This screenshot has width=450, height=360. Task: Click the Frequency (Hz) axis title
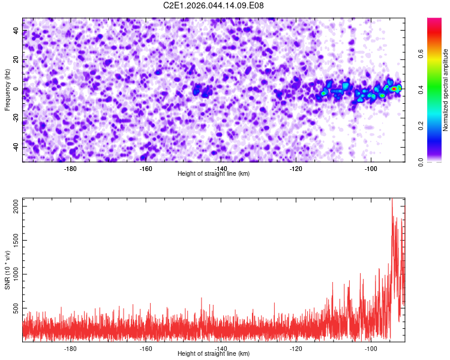click(x=7, y=90)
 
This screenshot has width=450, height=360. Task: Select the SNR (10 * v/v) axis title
click(x=7, y=269)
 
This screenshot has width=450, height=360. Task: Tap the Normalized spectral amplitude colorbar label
click(x=446, y=90)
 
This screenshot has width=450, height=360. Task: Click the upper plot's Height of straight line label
click(x=214, y=173)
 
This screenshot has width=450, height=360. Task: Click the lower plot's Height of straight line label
click(x=214, y=353)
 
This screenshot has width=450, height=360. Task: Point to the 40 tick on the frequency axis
click(x=16, y=31)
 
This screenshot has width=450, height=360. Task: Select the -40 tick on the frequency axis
click(x=15, y=148)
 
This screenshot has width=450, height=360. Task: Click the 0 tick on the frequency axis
click(x=19, y=89)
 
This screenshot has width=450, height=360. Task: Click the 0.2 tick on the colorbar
click(x=421, y=126)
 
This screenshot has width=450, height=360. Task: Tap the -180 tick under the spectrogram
click(x=71, y=168)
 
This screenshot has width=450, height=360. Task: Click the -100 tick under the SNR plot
click(x=371, y=348)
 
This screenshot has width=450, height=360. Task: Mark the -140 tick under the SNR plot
click(x=221, y=348)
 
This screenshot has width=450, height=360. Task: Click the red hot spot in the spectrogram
click(x=394, y=88)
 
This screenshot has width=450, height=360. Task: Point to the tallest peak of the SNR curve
click(x=392, y=200)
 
